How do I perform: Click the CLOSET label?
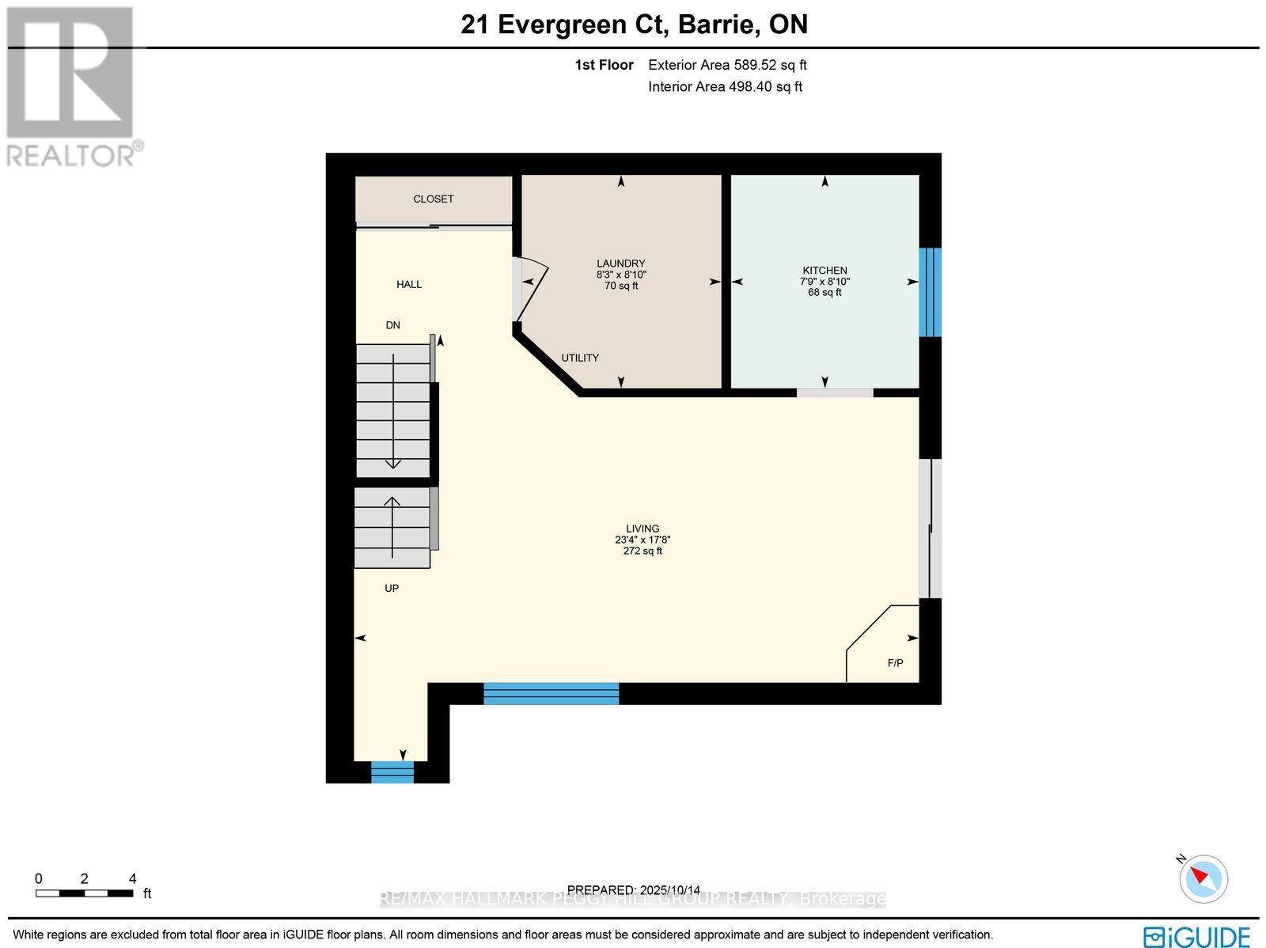point(433,199)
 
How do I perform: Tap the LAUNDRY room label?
point(620,264)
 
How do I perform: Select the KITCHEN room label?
point(824,271)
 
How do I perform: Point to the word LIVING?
point(642,529)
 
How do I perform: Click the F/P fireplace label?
point(895,663)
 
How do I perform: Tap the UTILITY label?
point(580,358)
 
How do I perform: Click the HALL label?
point(409,284)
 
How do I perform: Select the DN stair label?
point(393,325)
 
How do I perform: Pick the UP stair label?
point(392,589)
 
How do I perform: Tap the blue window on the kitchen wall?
point(930,292)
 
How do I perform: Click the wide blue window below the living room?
point(551,694)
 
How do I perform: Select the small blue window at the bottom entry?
point(392,772)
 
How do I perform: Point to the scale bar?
point(84,893)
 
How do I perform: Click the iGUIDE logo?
point(1196,936)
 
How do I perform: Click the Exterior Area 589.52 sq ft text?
point(727,66)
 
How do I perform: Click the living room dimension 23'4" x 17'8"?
point(642,540)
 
